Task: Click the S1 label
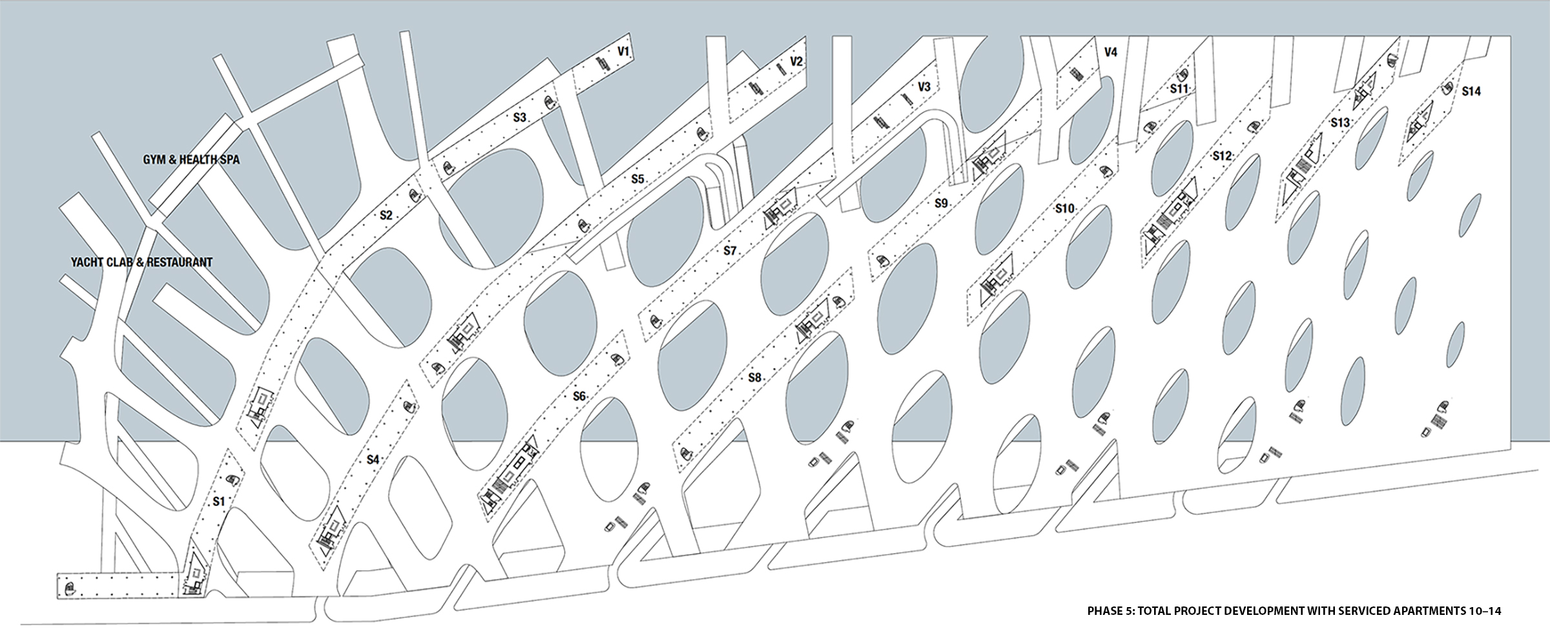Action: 219,501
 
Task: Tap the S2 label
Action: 386,216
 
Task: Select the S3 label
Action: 520,118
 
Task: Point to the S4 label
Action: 373,460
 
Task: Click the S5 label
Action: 637,180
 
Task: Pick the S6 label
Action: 579,396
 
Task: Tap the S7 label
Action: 730,251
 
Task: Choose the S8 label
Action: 754,378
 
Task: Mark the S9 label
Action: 941,203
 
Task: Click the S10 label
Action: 1064,209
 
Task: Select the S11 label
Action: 1179,88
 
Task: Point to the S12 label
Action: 1222,156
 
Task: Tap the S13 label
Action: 1339,122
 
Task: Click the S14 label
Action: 1471,91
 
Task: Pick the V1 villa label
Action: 623,51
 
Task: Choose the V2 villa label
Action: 796,62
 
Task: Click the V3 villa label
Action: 924,87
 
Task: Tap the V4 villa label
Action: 1110,52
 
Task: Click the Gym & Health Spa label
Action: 191,159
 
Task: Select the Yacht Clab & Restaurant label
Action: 141,262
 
